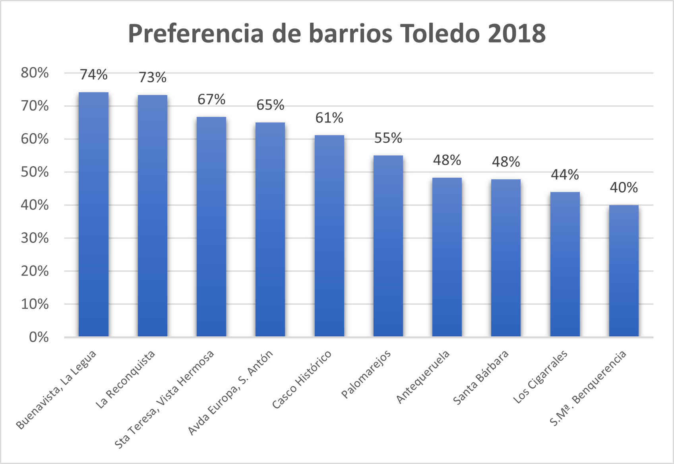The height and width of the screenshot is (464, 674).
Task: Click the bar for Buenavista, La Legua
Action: pos(93,215)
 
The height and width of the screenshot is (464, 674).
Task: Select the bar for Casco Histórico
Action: pos(329,236)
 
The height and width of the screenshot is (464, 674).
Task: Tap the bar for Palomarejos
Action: pos(388,246)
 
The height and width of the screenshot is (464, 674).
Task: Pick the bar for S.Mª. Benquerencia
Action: pos(624,271)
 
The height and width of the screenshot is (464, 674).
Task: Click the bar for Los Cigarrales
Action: pos(565,264)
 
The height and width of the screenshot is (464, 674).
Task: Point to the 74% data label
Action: pos(93,75)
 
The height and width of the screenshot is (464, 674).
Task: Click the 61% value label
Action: pos(329,118)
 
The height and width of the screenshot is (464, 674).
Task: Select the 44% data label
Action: pos(565,175)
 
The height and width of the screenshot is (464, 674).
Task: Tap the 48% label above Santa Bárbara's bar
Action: pos(505,162)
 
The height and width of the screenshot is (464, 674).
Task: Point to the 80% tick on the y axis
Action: pos(35,73)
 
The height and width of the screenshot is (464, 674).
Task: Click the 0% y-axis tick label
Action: pos(39,337)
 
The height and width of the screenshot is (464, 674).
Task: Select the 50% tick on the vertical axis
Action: pos(35,172)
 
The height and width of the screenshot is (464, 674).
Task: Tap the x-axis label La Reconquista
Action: pos(125,380)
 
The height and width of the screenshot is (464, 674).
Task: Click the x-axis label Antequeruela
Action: pos(423,377)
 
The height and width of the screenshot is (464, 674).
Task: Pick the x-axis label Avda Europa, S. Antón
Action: pos(230,392)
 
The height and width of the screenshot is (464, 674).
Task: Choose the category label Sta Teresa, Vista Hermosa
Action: pos(164,399)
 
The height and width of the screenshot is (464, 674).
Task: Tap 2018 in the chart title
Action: pos(517,33)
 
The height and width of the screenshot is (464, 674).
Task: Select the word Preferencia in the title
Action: pos(196,33)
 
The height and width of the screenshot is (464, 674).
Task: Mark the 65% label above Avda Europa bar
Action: pos(270,105)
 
